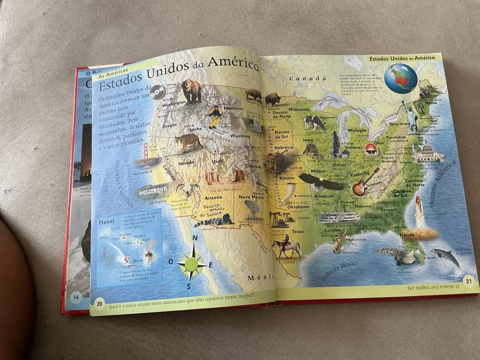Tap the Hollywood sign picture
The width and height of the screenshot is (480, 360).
click(153, 190)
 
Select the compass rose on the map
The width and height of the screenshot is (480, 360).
click(191, 263)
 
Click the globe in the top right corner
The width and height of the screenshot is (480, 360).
click(401, 79)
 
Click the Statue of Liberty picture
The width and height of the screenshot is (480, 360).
click(410, 118)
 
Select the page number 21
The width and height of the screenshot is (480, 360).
click(468, 280)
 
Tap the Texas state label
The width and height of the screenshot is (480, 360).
click(297, 231)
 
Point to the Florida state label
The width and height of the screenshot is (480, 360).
click(407, 235)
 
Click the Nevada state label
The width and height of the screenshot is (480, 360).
click(186, 163)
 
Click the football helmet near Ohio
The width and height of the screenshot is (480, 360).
click(371, 150)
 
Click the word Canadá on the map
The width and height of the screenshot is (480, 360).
click(308, 79)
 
